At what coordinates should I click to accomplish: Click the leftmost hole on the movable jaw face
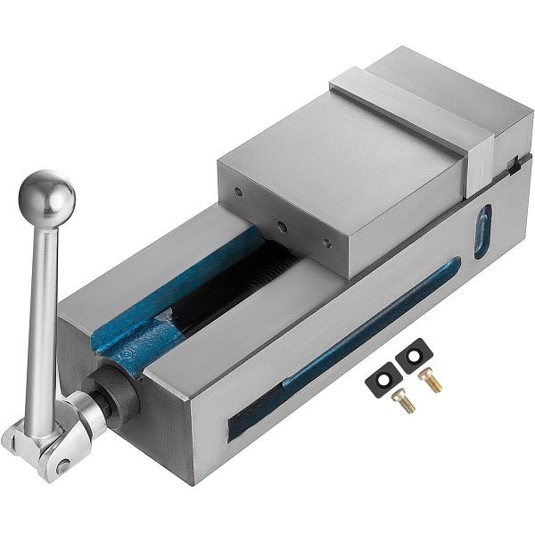[238, 190]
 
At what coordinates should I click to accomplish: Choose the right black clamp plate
[413, 358]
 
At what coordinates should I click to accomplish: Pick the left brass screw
[403, 401]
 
